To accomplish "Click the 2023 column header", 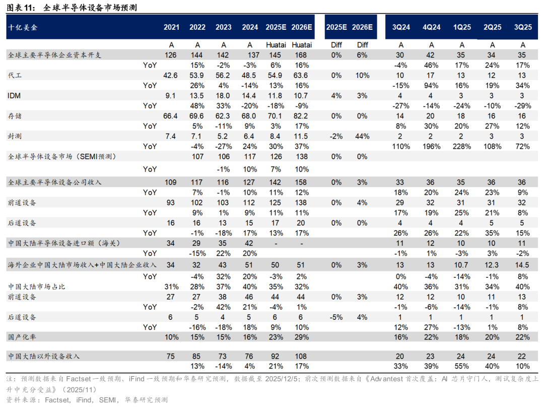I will pos(224,27).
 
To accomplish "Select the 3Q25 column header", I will pos(522,27).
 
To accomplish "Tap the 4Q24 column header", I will pos(432,27).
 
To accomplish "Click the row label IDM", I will pos(14,96).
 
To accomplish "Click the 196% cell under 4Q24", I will pos(432,146).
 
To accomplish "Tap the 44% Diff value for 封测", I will pos(363,136).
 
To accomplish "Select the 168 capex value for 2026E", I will pos(302,55).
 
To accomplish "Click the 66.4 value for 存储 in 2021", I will pos(171,116).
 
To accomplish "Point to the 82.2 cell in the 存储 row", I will pos(302,116).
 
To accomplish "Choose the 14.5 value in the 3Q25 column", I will pos(522,264).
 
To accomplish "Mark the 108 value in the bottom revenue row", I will pos(302,356).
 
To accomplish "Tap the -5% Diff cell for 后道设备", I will pos(336,317).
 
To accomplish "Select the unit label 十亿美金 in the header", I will pos(23,27).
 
